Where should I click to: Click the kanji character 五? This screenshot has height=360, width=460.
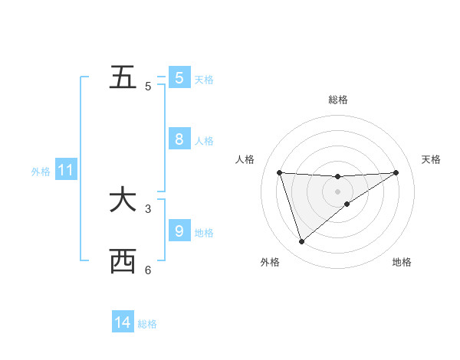click(x=123, y=78)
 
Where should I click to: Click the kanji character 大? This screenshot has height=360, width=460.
click(x=123, y=201)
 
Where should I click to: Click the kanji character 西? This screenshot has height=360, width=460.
click(x=123, y=262)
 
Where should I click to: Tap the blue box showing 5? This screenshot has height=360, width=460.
click(x=179, y=77)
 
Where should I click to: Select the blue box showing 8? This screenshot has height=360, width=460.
click(x=179, y=139)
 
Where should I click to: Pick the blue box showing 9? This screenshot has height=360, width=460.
click(x=179, y=230)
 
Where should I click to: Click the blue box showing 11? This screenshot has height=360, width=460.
click(x=65, y=171)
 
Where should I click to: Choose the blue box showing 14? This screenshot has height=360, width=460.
click(x=123, y=322)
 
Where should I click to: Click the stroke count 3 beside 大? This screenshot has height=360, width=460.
click(x=148, y=208)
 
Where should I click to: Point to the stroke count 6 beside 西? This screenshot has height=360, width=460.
click(x=148, y=270)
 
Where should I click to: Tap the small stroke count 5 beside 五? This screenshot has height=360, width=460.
click(x=148, y=87)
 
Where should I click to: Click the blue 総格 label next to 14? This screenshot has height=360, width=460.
click(x=147, y=324)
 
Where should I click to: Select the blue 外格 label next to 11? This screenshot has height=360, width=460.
click(x=41, y=172)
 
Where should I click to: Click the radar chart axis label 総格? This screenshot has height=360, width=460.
click(x=337, y=100)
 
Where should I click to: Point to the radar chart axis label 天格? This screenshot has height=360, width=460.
click(x=432, y=159)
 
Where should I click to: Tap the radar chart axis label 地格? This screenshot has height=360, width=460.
click(x=402, y=262)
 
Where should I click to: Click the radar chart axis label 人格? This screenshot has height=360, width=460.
click(x=245, y=159)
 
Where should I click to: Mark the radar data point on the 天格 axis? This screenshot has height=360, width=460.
click(x=396, y=172)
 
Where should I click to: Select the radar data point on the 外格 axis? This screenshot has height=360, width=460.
click(x=301, y=242)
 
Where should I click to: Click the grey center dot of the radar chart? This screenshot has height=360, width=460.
click(x=337, y=191)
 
